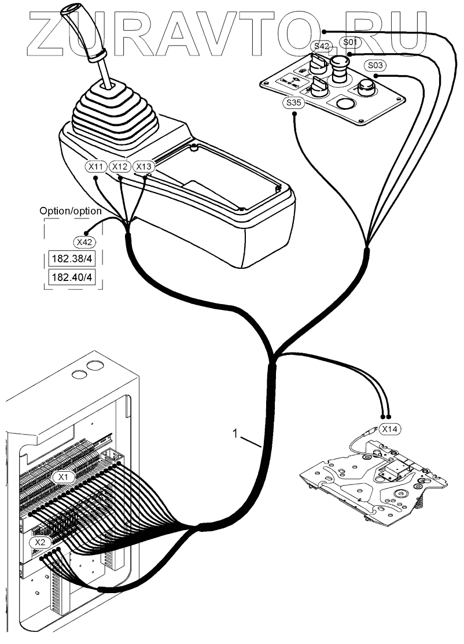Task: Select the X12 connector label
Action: tap(120, 166)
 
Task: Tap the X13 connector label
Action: tap(144, 166)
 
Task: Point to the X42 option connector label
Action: tap(84, 242)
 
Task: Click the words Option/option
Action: tap(70, 210)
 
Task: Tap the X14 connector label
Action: tap(389, 429)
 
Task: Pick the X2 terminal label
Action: tap(40, 542)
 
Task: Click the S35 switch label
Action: tap(294, 103)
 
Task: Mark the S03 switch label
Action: tap(375, 65)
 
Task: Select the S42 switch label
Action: tap(322, 46)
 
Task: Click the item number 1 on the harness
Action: tap(235, 434)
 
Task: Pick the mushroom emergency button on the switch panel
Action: tap(339, 68)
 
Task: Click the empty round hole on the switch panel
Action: tap(345, 103)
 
